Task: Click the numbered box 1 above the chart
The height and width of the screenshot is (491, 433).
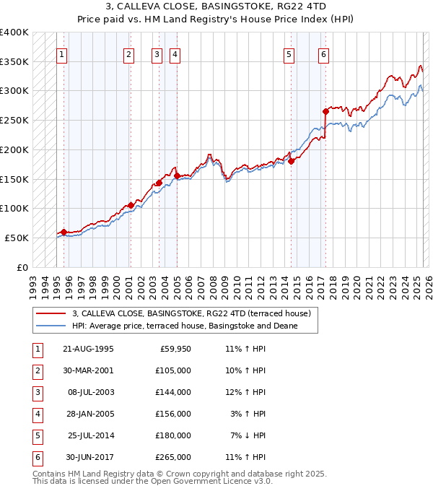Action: tap(61, 53)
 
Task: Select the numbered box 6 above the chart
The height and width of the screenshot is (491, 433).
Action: tap(324, 53)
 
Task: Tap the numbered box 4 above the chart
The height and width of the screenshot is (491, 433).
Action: tap(175, 53)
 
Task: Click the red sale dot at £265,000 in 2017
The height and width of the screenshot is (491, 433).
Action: tap(325, 111)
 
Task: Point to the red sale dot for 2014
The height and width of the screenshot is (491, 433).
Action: tap(292, 162)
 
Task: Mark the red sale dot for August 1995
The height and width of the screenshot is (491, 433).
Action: tap(64, 232)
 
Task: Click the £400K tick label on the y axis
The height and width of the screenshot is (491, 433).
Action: tap(14, 32)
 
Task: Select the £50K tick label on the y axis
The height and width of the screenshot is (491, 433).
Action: tap(17, 238)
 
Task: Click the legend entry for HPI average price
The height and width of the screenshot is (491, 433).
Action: tap(195, 326)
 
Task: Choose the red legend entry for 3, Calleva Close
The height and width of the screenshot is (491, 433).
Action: tap(191, 313)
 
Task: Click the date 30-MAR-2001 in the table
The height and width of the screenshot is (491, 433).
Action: tap(88, 370)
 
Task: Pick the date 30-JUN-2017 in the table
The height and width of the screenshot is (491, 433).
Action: tap(88, 457)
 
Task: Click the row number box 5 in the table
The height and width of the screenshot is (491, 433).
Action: tap(36, 435)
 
